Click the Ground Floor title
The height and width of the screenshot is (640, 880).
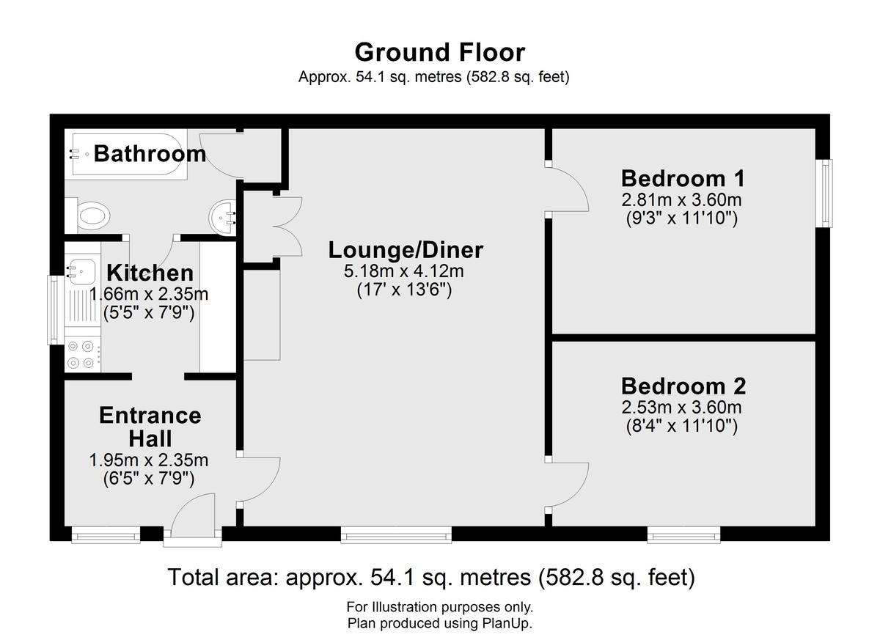pos(439,53)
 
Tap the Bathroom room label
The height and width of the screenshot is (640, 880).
pos(150,153)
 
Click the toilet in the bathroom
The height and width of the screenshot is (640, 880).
pos(88,216)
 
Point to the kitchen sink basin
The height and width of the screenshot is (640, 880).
pos(82,271)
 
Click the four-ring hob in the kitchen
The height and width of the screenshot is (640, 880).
pos(82,355)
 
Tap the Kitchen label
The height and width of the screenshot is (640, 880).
pos(150,273)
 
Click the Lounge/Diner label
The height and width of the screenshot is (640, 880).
pos(406,251)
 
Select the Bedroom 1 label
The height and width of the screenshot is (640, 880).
pos(683,179)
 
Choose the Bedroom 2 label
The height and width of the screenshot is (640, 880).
pos(683,386)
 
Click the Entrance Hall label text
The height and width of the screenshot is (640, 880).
pos(150,427)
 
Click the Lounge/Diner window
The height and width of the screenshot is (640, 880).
pos(396,534)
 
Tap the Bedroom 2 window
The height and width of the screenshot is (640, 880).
pos(683,534)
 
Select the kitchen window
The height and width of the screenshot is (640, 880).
pos(56,310)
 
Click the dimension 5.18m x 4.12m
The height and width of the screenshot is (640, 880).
pos(404,271)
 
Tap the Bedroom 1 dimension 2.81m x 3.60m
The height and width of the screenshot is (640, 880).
pos(681,200)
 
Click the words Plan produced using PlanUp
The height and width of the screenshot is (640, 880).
pos(439,623)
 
